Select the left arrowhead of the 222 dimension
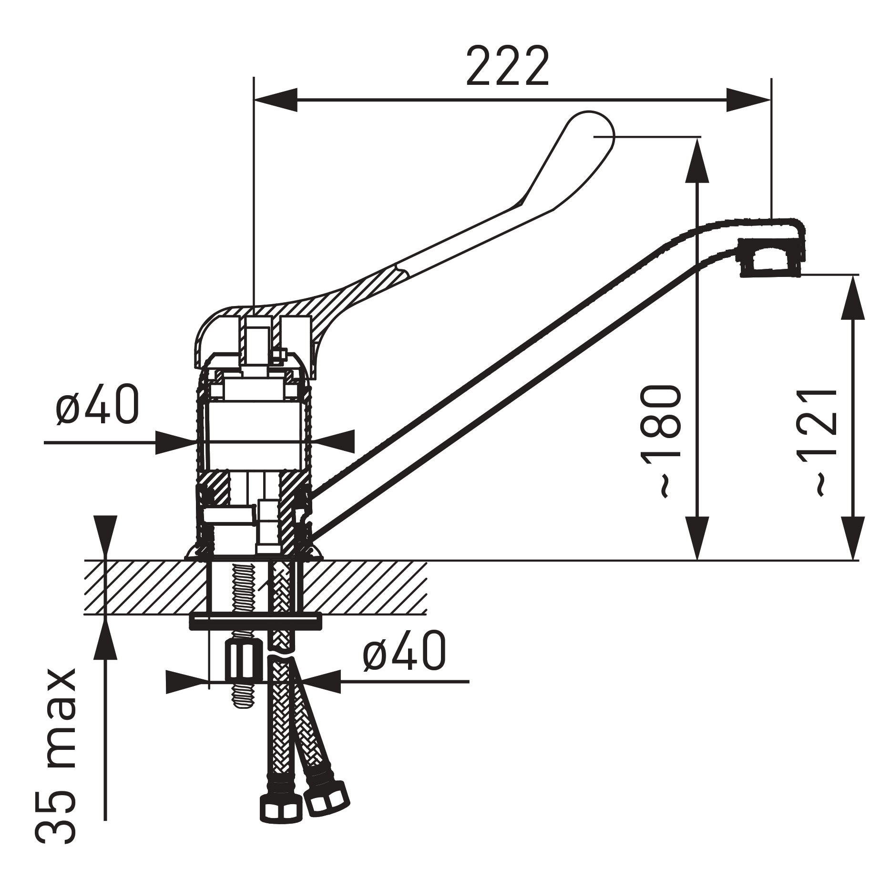point(276,100)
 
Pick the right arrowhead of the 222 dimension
point(749,100)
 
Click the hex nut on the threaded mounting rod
point(243,661)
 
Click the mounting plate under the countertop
point(256,621)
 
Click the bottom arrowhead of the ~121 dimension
point(852,538)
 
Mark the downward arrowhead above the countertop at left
point(105,538)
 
